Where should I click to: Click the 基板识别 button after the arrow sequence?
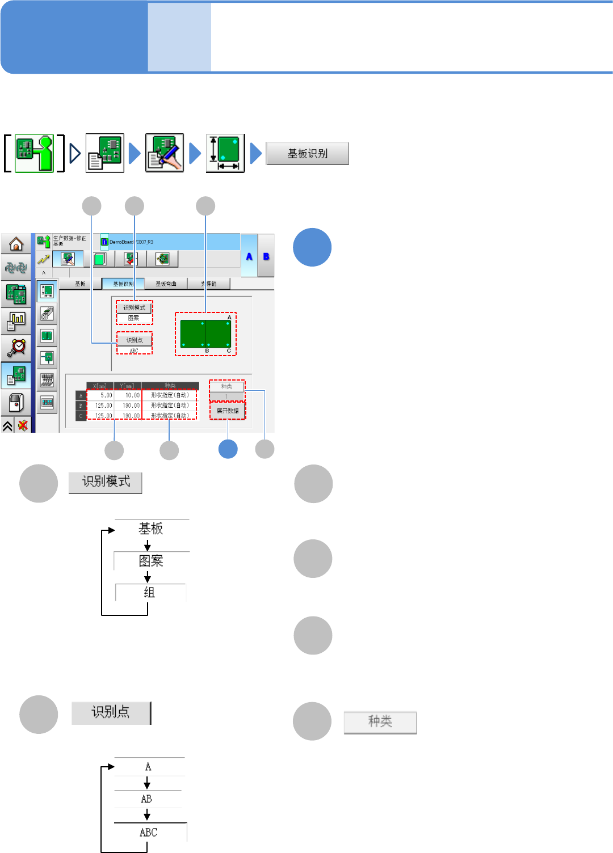[x=307, y=154]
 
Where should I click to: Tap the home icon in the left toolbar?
[x=16, y=244]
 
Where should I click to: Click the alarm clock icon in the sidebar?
[x=16, y=347]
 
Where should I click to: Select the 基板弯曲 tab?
[x=166, y=284]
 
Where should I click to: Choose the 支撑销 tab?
[x=209, y=284]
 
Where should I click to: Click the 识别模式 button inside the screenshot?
[x=135, y=307]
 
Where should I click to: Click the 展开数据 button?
[x=228, y=411]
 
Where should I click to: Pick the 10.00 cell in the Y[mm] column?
[x=128, y=395]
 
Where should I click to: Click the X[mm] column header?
[x=100, y=386]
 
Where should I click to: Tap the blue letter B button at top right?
[x=266, y=256]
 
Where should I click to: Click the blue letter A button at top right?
[x=249, y=256]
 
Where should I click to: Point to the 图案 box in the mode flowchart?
[x=151, y=561]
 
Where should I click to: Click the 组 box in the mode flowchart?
[x=150, y=593]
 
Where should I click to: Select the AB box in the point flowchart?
[x=147, y=799]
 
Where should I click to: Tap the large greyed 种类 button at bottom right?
[x=380, y=722]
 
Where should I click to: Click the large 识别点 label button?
[x=111, y=712]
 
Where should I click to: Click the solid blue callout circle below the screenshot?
[x=228, y=449]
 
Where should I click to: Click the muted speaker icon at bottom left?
[x=23, y=425]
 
